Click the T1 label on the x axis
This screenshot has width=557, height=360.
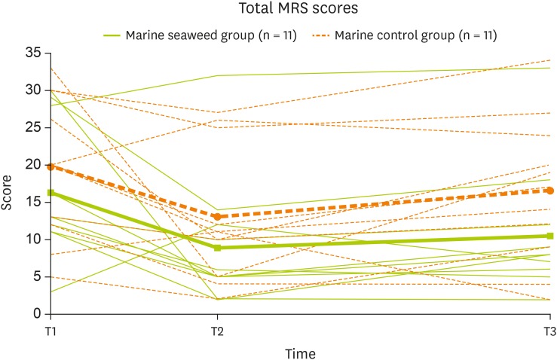pos(51,331)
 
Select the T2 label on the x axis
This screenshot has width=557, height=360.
pos(218,331)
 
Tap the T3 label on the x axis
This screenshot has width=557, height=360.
pos(549,331)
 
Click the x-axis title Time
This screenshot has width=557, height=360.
pos(300,352)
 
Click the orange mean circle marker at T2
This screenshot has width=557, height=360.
pos(218,217)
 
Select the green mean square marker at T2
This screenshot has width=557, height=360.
pos(218,248)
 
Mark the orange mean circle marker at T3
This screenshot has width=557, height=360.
pos(550,191)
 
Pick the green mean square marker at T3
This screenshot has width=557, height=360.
pos(550,236)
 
